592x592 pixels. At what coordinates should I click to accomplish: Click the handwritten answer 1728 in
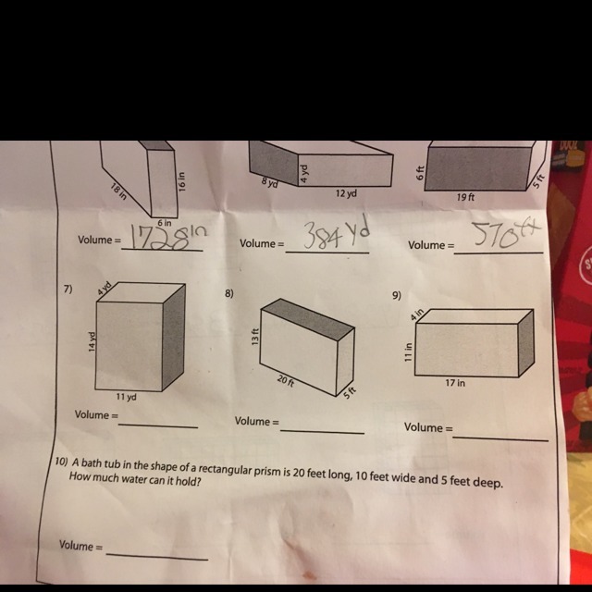click(x=168, y=237)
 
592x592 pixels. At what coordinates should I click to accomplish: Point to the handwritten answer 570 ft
click(x=507, y=234)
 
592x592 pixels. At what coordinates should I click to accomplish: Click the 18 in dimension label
click(x=119, y=191)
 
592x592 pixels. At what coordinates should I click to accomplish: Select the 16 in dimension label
click(x=182, y=181)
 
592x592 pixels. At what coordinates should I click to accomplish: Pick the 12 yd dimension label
click(x=346, y=193)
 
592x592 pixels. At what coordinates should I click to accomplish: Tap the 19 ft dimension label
click(x=465, y=197)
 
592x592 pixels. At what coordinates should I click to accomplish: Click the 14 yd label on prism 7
click(x=92, y=341)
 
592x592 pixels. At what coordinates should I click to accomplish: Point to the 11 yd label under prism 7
click(x=127, y=397)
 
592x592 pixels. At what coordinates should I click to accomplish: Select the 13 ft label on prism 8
click(x=255, y=337)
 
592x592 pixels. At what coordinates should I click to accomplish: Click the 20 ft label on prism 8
click(x=286, y=380)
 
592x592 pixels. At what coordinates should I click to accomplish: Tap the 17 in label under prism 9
click(x=455, y=383)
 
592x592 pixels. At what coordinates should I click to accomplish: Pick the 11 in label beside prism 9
click(x=408, y=351)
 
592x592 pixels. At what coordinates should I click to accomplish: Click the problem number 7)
click(x=68, y=290)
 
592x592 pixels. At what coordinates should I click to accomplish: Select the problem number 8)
click(x=229, y=293)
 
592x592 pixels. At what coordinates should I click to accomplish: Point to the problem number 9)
click(x=397, y=295)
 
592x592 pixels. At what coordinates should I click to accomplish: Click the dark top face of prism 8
click(x=308, y=319)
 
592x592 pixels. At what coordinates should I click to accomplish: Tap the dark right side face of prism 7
click(x=174, y=337)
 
